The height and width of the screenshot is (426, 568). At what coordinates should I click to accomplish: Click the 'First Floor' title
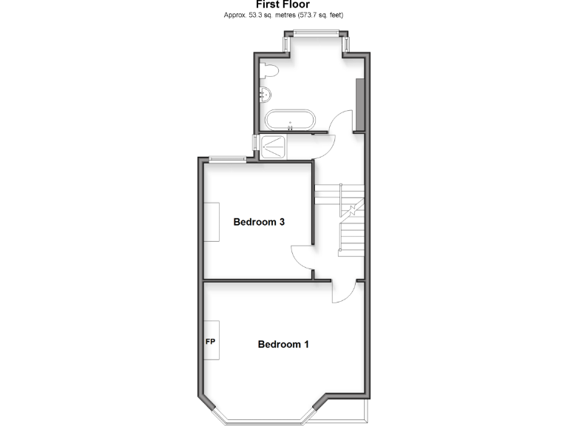coord(283,4)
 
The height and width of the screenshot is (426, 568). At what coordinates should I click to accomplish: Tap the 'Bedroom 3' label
coord(259,222)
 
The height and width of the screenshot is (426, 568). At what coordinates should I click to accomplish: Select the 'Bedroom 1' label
coord(283,344)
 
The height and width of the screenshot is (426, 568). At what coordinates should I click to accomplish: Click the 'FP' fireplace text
coord(210,342)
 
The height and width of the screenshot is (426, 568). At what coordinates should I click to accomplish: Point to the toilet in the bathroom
coord(270,71)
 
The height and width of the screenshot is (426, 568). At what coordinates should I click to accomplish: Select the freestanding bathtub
coord(291,121)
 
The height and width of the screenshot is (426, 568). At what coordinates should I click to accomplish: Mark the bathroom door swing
coord(340,122)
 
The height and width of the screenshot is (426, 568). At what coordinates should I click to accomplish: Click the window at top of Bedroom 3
coord(227,158)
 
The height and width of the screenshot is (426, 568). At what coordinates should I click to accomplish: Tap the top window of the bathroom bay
coord(316,31)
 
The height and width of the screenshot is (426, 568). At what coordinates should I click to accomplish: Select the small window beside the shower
coord(254,144)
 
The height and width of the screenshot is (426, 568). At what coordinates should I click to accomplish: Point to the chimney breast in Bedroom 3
coord(212,222)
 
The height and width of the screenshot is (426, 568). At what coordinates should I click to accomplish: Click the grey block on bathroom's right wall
coord(359,104)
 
